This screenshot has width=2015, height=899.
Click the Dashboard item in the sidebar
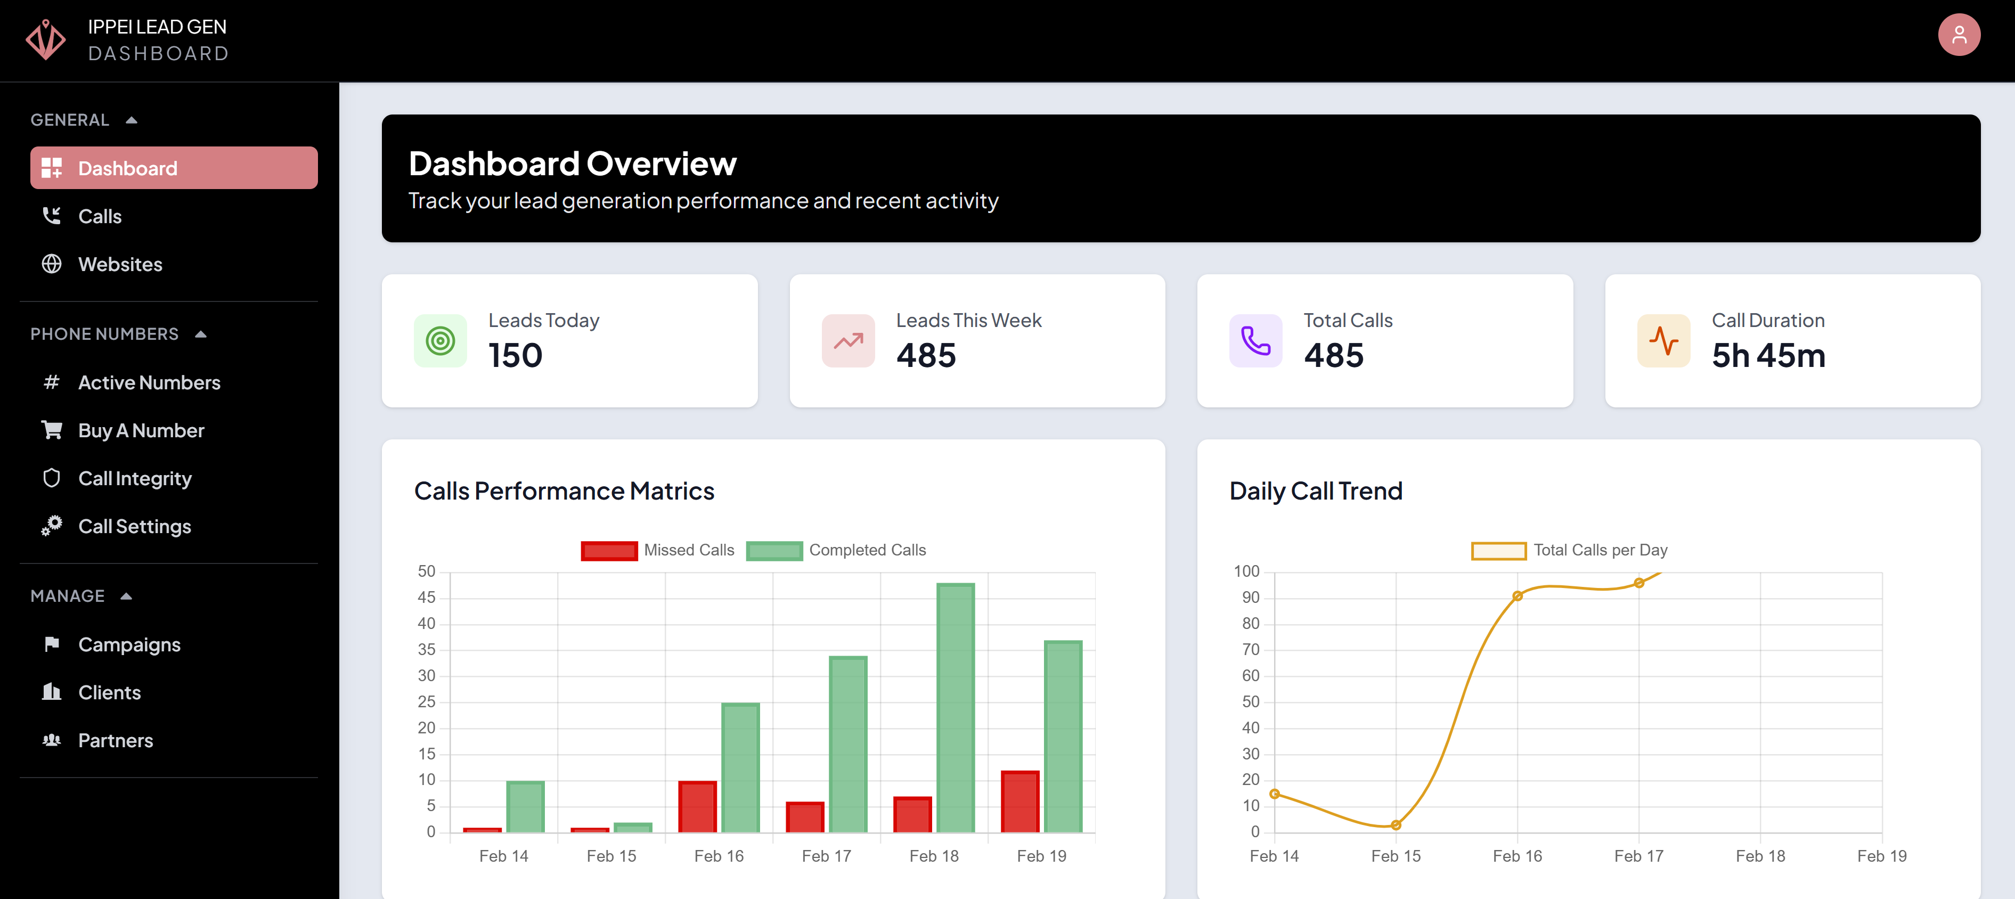(x=173, y=168)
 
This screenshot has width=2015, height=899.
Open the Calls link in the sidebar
(x=100, y=217)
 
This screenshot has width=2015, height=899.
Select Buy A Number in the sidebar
(x=141, y=430)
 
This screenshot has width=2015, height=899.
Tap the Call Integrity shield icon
(x=52, y=478)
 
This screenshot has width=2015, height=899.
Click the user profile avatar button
(x=1958, y=35)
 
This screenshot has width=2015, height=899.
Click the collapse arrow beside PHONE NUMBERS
(x=201, y=334)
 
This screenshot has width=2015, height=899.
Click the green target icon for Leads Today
(x=440, y=340)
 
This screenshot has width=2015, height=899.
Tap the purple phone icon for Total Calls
(x=1255, y=340)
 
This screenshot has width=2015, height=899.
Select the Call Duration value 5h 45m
(x=1768, y=356)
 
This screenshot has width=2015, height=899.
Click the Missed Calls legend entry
(x=657, y=550)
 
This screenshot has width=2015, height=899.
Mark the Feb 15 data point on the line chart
(x=1396, y=824)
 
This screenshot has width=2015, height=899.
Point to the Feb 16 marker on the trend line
(x=1517, y=596)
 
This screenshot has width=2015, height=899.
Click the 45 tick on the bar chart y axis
(x=426, y=598)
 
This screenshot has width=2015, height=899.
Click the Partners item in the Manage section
(x=115, y=740)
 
